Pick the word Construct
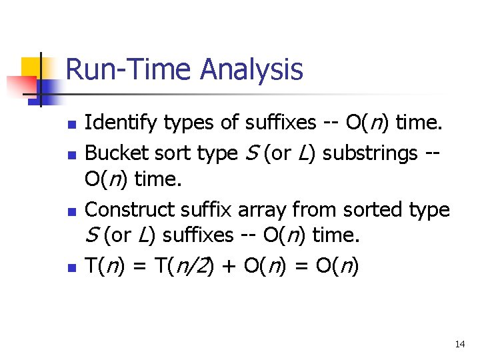[x=128, y=209]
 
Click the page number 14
[x=459, y=345]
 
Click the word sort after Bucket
[x=176, y=153]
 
